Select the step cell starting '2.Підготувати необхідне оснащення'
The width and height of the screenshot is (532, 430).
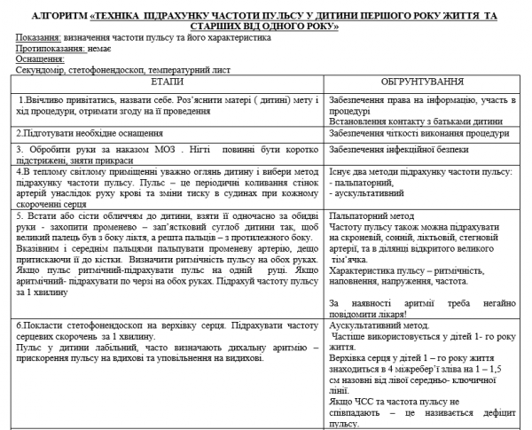[80, 133]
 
